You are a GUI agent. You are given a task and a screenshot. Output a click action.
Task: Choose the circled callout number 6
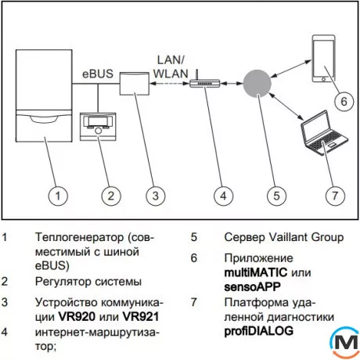[341, 100]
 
